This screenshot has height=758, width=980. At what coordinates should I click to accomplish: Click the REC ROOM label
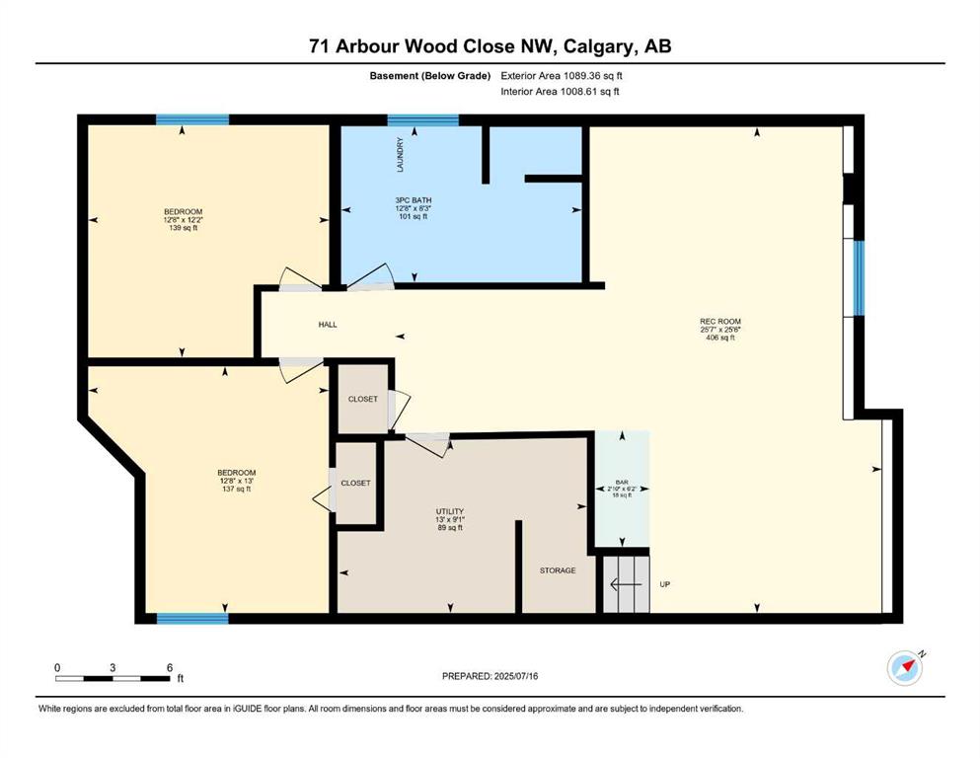pyautogui.click(x=719, y=320)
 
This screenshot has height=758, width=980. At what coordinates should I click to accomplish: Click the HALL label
pyautogui.click(x=328, y=324)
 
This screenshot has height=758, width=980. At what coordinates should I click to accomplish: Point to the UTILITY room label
pyautogui.click(x=449, y=511)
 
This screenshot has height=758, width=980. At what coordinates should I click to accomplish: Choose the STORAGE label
pyautogui.click(x=557, y=570)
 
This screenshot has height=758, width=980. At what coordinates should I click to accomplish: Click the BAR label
pyautogui.click(x=622, y=479)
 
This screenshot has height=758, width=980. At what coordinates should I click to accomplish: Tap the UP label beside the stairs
pyautogui.click(x=665, y=584)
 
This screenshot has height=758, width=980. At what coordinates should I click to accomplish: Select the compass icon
pyautogui.click(x=904, y=668)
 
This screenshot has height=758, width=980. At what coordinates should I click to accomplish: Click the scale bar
pyautogui.click(x=113, y=678)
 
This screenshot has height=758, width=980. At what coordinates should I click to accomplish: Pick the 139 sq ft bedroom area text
pyautogui.click(x=183, y=228)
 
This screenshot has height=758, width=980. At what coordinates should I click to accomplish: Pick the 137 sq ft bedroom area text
pyautogui.click(x=236, y=489)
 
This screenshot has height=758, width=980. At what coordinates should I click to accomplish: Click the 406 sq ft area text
pyautogui.click(x=719, y=338)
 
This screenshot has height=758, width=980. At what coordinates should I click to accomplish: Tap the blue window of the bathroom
pyautogui.click(x=422, y=120)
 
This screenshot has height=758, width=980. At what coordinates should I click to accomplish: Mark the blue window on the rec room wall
pyautogui.click(x=859, y=277)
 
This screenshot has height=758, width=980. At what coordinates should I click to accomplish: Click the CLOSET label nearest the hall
pyautogui.click(x=362, y=400)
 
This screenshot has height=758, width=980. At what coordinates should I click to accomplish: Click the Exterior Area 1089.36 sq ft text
pyautogui.click(x=562, y=74)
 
